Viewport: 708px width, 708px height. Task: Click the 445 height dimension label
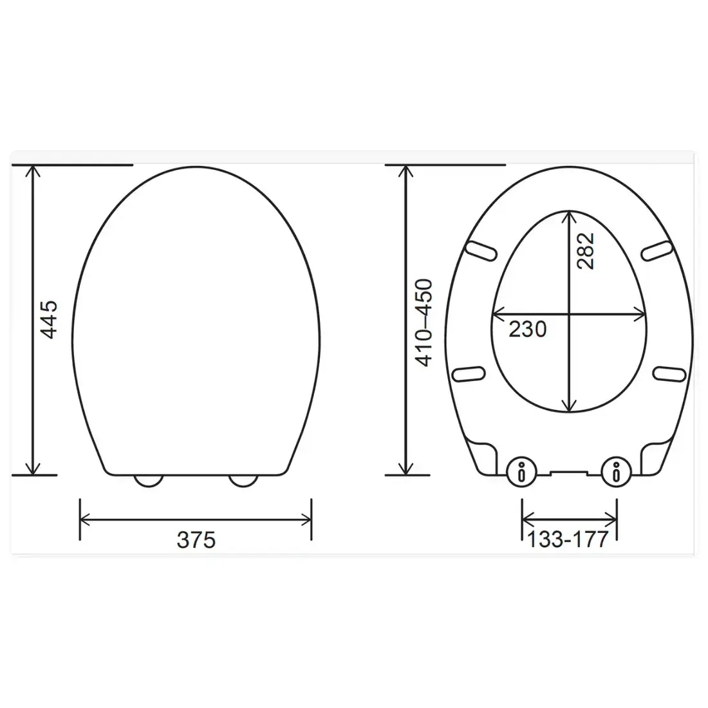[x=49, y=319]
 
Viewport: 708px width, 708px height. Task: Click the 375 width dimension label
[x=196, y=539]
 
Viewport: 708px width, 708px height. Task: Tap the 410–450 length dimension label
[x=424, y=322]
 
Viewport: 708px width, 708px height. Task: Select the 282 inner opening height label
[x=586, y=251]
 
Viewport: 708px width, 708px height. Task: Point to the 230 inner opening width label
[x=527, y=329]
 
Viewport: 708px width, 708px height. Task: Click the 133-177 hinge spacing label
[x=568, y=539]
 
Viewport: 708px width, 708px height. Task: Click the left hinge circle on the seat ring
[x=521, y=473]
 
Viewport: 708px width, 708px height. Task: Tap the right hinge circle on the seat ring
[x=616, y=473]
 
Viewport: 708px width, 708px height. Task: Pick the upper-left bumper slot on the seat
[x=481, y=251]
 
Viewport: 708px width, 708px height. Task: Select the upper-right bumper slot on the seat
[x=657, y=250]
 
